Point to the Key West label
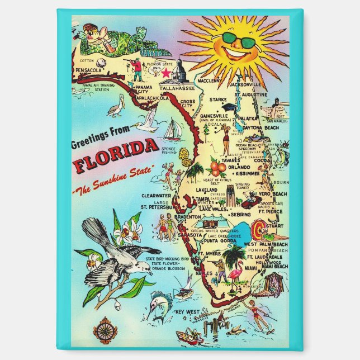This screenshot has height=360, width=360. [x=187, y=311]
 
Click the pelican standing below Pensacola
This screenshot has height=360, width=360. [x=115, y=106]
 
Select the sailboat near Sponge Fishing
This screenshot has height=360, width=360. [x=172, y=131]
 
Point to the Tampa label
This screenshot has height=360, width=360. [x=202, y=199]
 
